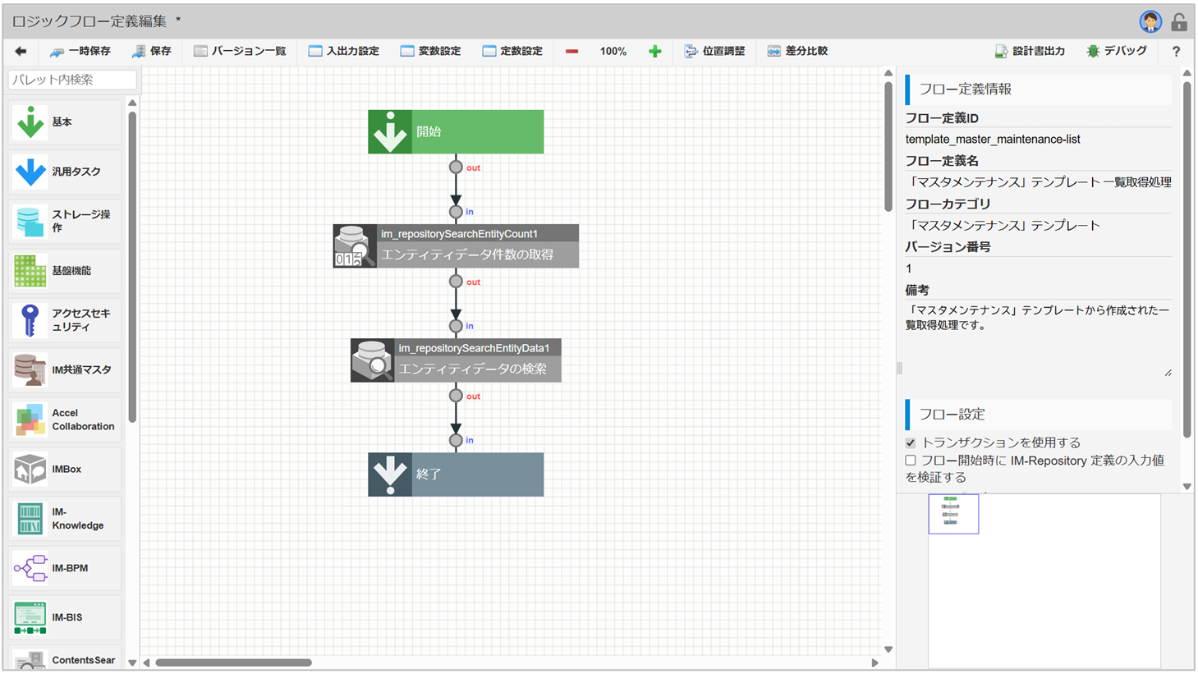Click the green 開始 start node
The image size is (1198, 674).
tap(456, 131)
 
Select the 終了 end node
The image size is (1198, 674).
tap(456, 475)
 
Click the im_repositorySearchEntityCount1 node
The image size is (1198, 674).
tap(456, 245)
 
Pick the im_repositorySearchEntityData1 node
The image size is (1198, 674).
tap(456, 360)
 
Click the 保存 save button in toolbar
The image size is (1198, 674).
tap(152, 51)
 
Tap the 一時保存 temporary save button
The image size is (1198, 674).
tap(80, 51)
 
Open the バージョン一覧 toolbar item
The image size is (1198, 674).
tap(240, 51)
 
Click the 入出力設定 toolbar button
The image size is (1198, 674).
tap(344, 51)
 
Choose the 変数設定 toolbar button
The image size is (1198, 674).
tap(430, 51)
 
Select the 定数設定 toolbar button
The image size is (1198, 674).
tap(512, 51)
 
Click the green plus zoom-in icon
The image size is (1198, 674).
tap(654, 51)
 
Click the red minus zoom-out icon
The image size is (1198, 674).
tap(571, 51)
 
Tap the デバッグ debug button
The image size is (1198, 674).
tap(1117, 51)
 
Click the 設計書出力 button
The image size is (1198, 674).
tap(1030, 51)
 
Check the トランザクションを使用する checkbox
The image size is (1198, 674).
tap(911, 442)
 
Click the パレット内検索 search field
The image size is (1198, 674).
tap(72, 80)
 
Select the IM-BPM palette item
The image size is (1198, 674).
tap(65, 568)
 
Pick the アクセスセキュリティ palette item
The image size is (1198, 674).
tap(65, 320)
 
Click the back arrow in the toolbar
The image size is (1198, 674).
tap(21, 51)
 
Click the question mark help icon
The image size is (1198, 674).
tap(1176, 51)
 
